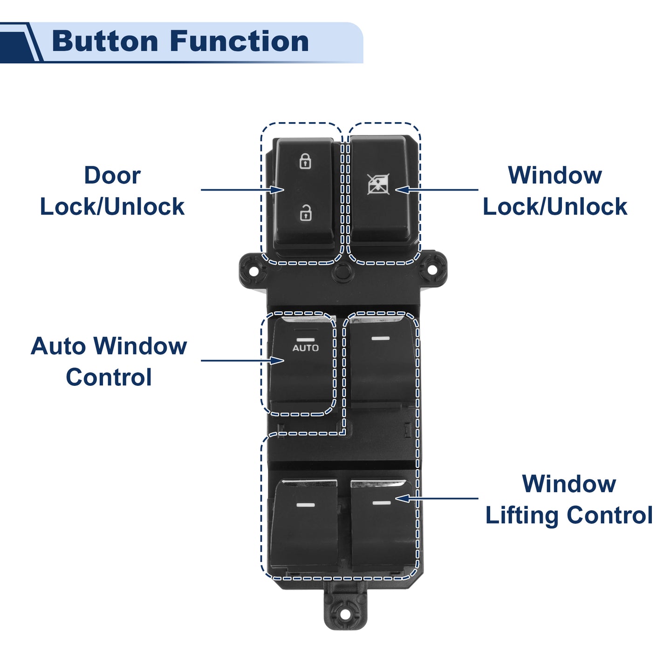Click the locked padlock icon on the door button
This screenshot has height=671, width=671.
tap(305, 161)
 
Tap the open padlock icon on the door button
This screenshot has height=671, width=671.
tap(306, 212)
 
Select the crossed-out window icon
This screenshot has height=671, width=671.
tap(378, 184)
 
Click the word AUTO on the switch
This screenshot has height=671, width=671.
tap(305, 348)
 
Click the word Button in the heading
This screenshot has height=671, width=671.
tap(105, 41)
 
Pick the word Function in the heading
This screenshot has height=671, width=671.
tap(239, 41)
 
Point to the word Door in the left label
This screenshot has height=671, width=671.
tap(112, 175)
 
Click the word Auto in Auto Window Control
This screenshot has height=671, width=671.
tap(58, 346)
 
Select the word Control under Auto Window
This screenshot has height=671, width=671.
tap(109, 377)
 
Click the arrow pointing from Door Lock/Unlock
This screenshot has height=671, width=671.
tap(243, 190)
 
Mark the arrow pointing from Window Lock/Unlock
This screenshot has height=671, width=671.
tap(437, 190)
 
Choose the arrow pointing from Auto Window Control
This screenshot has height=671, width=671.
tap(243, 360)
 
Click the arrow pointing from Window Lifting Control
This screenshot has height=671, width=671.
tap(437, 498)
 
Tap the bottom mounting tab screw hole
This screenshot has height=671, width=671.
tap(345, 615)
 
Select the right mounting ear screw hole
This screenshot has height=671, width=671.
tap(432, 271)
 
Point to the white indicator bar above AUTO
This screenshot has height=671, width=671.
tap(305, 339)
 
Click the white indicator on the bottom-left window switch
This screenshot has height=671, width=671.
tap(305, 505)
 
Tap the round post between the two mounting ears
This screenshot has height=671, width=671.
tap(343, 272)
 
